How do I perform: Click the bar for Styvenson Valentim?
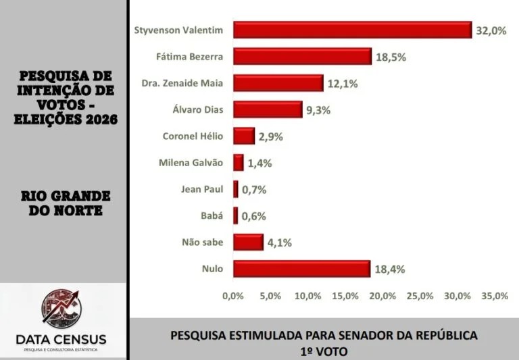pos(352,30)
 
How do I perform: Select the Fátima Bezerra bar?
pos(302,57)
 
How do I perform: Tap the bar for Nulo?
pos(301,269)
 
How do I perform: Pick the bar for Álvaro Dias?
pos(268,109)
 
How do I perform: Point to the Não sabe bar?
pos(248,242)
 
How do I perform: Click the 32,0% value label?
pos(491,31)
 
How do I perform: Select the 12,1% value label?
pos(342,84)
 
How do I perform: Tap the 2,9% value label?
pos(270,136)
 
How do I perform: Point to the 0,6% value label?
pos(254,216)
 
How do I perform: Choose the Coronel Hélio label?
pos(193,136)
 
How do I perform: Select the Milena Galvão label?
pos(191,163)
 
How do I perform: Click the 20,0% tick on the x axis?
pos(382,296)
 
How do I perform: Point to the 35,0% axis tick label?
pos(495,296)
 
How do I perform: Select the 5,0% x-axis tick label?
pos(270,296)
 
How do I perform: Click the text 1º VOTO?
pos(324,351)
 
